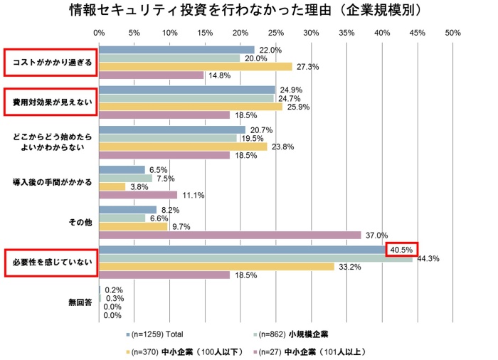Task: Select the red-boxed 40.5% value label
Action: pos(401,250)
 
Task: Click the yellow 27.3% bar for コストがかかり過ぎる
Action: pos(196,66)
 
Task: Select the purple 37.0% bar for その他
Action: pos(230,235)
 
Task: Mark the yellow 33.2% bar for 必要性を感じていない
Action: pos(216,267)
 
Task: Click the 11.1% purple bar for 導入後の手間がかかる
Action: pos(138,194)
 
